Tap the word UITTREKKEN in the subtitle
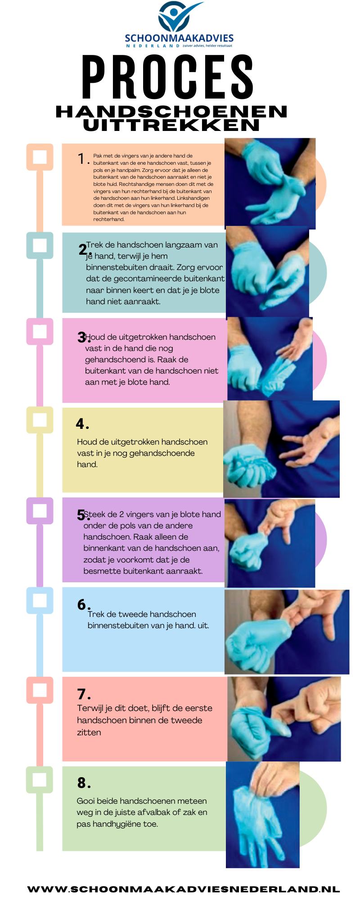pos(171,125)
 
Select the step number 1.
pos(81,158)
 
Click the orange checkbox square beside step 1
pos(40,157)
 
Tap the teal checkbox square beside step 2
pos(40,245)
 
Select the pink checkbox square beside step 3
pos(40,332)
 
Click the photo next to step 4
pos(281,449)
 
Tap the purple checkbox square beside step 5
pos(40,511)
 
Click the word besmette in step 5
pos(98,571)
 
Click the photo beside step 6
pos(287,632)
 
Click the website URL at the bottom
pos(184,889)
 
